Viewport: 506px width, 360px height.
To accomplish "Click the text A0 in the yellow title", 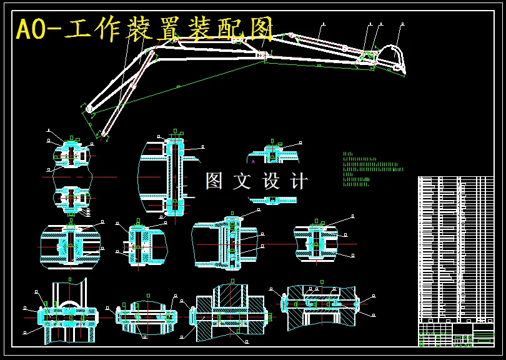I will [31, 29].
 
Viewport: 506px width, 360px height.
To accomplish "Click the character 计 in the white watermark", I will [299, 181].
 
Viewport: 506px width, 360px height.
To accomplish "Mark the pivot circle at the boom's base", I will [89, 109].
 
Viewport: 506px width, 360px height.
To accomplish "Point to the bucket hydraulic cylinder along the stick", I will [319, 42].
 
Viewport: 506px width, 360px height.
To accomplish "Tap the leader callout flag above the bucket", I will [402, 25].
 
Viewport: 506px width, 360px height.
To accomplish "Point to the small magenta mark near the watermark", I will [253, 161].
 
